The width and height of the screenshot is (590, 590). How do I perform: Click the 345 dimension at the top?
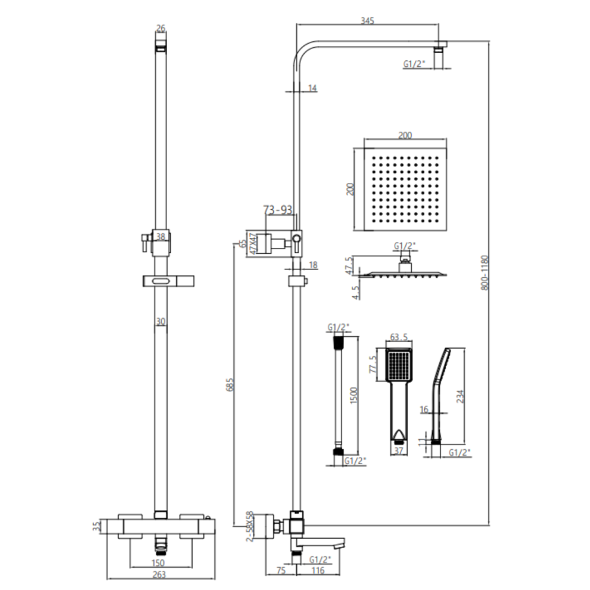(x=367, y=21)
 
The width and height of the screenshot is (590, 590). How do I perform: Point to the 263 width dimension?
(x=160, y=574)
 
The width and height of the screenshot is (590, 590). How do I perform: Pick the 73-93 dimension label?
(x=277, y=210)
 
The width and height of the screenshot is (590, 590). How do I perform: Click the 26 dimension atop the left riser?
(x=161, y=28)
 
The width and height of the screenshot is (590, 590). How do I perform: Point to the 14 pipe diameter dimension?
(x=311, y=88)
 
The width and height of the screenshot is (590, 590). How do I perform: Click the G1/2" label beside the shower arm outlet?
(x=414, y=64)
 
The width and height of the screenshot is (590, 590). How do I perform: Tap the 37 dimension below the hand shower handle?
(x=397, y=451)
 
